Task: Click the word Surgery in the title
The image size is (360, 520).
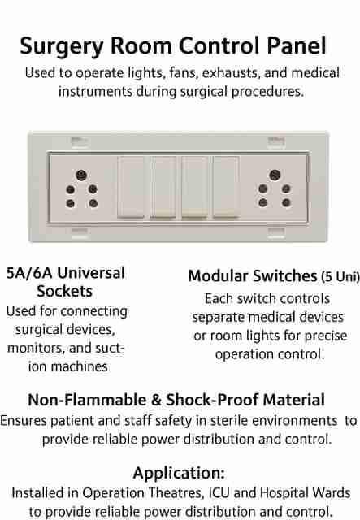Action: (62, 46)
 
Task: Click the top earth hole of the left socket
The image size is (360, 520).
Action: (81, 175)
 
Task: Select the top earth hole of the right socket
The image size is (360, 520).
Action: (275, 175)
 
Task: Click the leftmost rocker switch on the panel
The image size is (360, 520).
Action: (131, 187)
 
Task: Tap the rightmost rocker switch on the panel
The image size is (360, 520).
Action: (226, 187)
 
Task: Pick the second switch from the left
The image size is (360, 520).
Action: (163, 187)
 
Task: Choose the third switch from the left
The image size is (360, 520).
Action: (194, 187)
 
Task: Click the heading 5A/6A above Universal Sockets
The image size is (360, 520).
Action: (29, 273)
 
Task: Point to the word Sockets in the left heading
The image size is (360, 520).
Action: (65, 291)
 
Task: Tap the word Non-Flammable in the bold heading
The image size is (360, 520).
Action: (87, 400)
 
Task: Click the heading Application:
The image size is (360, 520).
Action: (179, 473)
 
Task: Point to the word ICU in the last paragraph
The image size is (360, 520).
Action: (219, 493)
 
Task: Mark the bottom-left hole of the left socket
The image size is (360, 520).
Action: (71, 203)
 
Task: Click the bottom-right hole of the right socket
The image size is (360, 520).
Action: (286, 202)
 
